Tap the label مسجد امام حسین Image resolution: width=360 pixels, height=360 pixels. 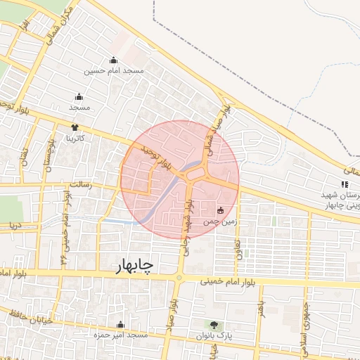114,70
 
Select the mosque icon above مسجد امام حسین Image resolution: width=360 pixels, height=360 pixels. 114,60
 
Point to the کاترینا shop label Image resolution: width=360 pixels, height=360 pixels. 75,138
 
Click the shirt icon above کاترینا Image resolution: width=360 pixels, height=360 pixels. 75,127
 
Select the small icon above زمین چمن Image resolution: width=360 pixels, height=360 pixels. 221,210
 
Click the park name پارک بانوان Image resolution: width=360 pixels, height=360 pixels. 214,336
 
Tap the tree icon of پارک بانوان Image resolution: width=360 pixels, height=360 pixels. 214,325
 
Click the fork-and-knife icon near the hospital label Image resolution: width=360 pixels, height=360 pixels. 345,184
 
